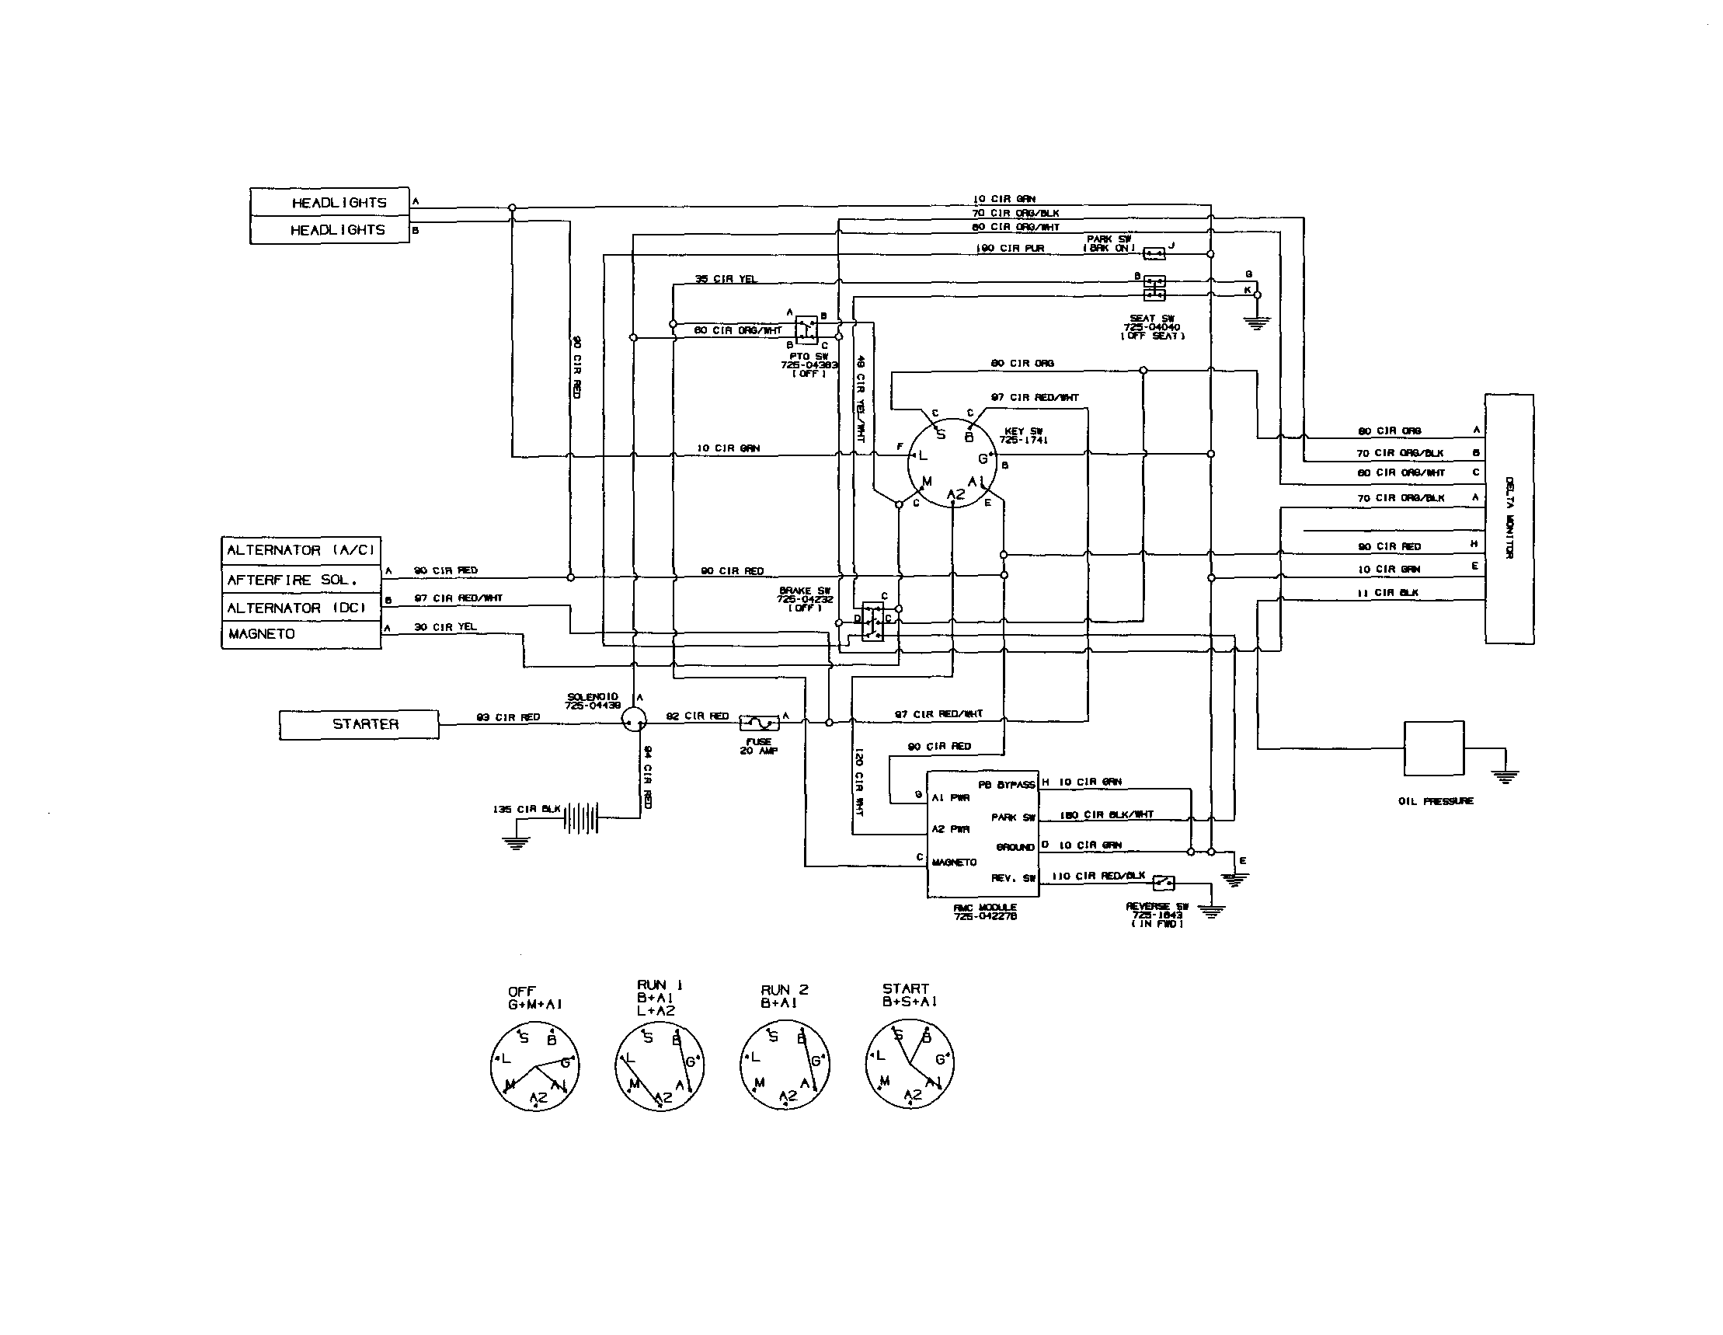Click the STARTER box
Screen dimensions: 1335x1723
(x=359, y=724)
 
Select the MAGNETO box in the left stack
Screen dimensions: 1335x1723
(x=301, y=634)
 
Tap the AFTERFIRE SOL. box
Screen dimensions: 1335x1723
(x=301, y=580)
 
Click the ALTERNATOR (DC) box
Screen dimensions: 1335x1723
(x=301, y=608)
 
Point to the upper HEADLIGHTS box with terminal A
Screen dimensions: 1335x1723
(x=330, y=202)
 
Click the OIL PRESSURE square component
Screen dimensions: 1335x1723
(x=1433, y=748)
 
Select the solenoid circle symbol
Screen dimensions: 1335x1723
(x=634, y=719)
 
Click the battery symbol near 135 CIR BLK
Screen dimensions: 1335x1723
(x=581, y=818)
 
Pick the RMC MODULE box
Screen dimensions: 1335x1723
(x=982, y=834)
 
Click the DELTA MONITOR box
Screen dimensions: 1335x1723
(x=1509, y=518)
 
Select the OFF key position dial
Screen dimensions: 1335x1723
(x=535, y=1066)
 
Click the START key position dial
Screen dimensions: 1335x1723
(x=910, y=1066)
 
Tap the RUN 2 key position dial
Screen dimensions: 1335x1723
(x=784, y=1066)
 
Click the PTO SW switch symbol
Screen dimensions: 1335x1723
(x=806, y=329)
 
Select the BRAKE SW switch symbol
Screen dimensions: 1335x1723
(x=872, y=621)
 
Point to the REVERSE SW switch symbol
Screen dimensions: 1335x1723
(x=1164, y=882)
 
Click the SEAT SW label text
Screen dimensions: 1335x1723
(x=1152, y=319)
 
